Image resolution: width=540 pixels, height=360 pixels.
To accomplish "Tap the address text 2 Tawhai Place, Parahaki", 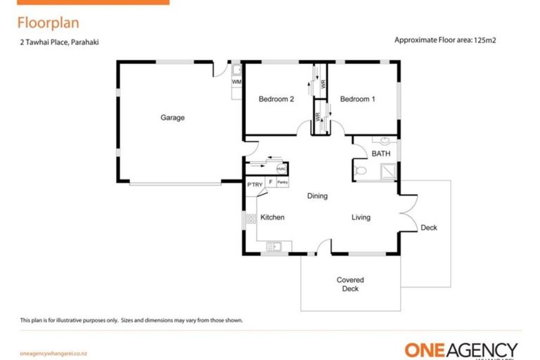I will [59, 42].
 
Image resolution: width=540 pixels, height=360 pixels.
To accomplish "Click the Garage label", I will [172, 117].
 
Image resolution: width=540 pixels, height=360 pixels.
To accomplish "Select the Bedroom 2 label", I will [276, 99].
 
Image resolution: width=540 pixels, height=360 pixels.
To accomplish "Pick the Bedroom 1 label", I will [357, 99].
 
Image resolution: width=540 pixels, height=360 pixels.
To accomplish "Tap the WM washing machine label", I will [236, 82].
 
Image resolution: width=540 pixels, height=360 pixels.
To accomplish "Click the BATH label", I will [380, 153].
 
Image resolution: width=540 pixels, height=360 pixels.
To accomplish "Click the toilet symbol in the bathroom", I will [360, 170].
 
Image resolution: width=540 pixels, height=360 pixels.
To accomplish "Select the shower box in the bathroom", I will [388, 171].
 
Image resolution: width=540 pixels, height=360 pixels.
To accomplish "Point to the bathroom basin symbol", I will [385, 140].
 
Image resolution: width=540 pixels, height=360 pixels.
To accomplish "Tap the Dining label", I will [317, 196].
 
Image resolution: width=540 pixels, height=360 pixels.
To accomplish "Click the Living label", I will [361, 217].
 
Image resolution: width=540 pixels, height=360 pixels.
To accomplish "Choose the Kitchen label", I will [272, 217].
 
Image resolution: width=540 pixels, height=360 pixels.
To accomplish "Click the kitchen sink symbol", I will [274, 246].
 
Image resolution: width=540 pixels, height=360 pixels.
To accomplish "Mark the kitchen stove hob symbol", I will [250, 219].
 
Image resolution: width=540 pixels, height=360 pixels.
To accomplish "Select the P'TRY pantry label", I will [254, 184].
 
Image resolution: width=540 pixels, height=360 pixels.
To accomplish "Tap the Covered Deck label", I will [350, 284].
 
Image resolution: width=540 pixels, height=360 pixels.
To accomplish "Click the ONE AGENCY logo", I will [461, 349].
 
